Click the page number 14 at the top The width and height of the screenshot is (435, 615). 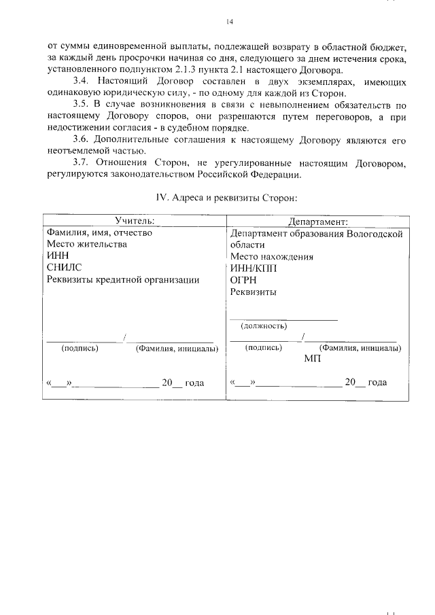click(x=229, y=22)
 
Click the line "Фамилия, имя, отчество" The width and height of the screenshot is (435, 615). click(x=99, y=233)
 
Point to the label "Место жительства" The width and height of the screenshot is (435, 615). click(x=86, y=245)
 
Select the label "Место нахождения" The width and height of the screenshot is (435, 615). click(x=271, y=257)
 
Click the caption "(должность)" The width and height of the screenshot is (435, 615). click(x=264, y=326)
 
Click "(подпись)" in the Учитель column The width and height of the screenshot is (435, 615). click(x=80, y=348)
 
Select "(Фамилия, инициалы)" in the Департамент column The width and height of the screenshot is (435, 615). click(x=360, y=347)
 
